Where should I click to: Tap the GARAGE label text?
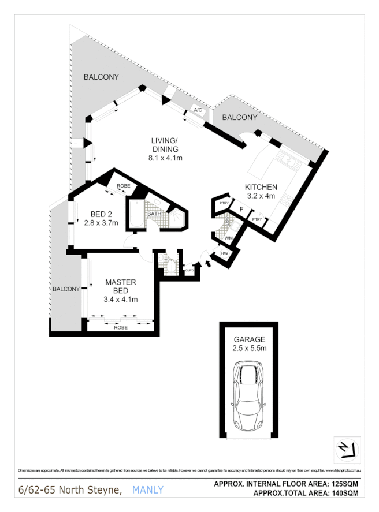tap(249, 339)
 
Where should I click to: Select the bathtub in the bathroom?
tap(136, 215)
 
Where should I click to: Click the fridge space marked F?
tap(241, 209)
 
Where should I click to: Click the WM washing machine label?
tap(228, 237)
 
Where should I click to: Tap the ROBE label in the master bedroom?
tap(121, 327)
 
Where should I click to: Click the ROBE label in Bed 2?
tap(123, 186)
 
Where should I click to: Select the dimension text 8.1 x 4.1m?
tap(166, 158)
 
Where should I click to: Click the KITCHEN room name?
tap(261, 187)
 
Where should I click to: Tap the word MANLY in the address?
tap(148, 490)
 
